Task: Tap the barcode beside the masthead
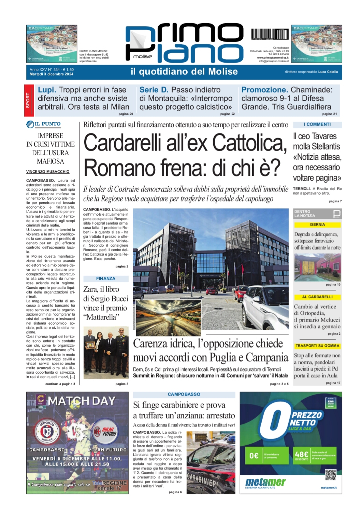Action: pyautogui.click(x=269, y=34)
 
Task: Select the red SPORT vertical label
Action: pyautogui.click(x=28, y=101)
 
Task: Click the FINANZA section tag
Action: pyautogui.click(x=106, y=279)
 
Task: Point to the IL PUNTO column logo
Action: pyautogui.click(x=44, y=124)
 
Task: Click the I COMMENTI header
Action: pyautogui.click(x=317, y=125)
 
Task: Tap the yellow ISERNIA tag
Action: pyautogui.click(x=317, y=225)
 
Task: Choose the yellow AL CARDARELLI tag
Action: pyautogui.click(x=317, y=297)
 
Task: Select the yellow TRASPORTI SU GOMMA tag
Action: pyautogui.click(x=317, y=346)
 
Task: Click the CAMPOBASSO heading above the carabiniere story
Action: pyautogui.click(x=184, y=395)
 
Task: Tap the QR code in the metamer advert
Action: pyautogui.click(x=330, y=475)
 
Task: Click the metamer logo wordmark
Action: pyautogui.click(x=265, y=482)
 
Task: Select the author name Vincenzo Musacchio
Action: pyautogui.click(x=48, y=172)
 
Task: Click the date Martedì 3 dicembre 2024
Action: pyautogui.click(x=52, y=74)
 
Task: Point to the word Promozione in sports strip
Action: pyautogui.click(x=264, y=90)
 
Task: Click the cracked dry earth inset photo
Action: pyautogui.click(x=168, y=317)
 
